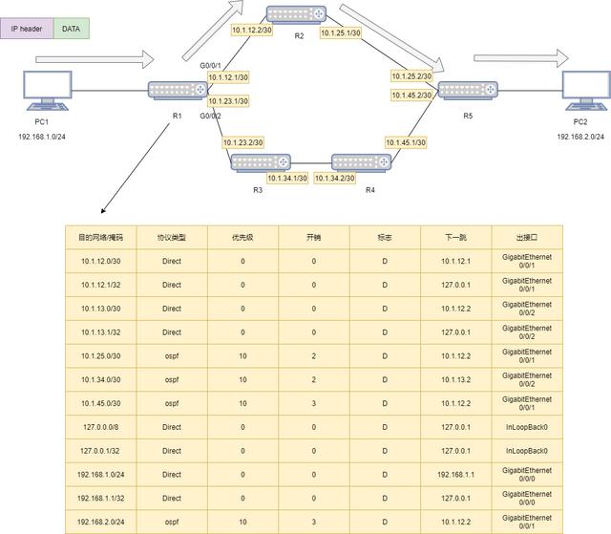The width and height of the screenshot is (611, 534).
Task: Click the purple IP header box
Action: pos(27,29)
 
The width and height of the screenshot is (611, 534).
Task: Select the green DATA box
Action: pos(72,29)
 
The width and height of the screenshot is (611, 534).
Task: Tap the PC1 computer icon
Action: pos(48,91)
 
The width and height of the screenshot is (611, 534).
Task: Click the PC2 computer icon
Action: pos(586,91)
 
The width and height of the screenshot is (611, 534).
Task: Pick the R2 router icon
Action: pos(296,14)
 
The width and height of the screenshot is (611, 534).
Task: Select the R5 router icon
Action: pos(468,90)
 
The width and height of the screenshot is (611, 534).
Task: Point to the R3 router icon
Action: pos(261,162)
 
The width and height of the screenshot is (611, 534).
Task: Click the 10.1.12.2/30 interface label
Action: pos(252,30)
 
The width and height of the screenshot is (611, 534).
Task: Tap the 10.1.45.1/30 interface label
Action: pos(406,142)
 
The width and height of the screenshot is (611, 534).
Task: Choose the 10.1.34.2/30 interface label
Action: pos(335,178)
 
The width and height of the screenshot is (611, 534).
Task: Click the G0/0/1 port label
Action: pos(210,66)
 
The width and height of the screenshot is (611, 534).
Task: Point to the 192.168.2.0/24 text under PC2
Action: pos(580,137)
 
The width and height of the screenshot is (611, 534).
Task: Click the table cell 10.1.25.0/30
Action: pos(101,356)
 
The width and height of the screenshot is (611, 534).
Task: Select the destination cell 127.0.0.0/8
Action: pos(101,427)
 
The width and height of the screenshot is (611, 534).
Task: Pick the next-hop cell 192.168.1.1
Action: pos(456,475)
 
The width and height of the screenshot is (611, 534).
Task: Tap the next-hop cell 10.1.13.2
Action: pos(456,379)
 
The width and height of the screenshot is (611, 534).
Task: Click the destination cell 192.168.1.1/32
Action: pos(101,498)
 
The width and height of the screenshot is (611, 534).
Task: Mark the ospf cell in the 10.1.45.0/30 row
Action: pos(172,403)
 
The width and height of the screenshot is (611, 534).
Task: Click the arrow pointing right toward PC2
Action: pos(521,58)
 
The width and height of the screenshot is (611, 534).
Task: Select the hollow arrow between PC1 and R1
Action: pos(95,59)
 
